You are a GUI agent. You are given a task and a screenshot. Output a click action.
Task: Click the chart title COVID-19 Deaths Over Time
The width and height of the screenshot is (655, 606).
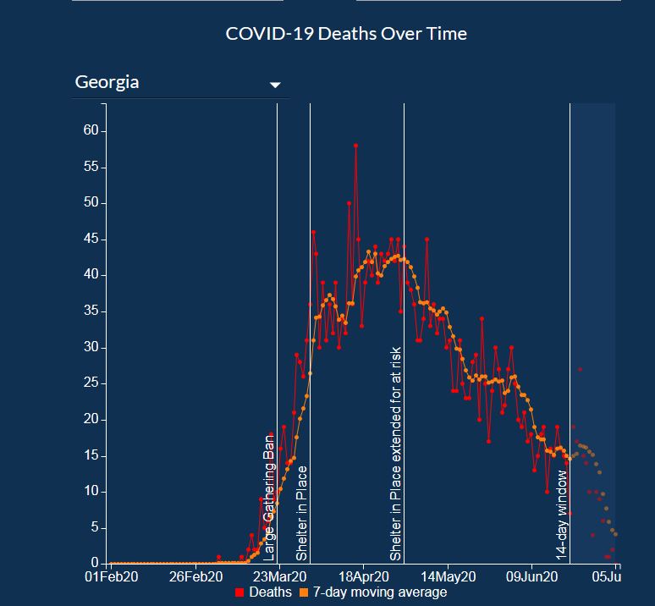tap(346, 34)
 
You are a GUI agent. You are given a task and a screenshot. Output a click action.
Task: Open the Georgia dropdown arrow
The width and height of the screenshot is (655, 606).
tap(274, 85)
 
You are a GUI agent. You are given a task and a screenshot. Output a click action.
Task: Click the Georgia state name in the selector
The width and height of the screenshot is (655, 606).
tap(107, 82)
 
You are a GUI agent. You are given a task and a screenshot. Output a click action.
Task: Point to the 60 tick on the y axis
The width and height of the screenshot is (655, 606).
tap(91, 131)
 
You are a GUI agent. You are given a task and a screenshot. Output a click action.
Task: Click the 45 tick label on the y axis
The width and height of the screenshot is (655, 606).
tap(91, 240)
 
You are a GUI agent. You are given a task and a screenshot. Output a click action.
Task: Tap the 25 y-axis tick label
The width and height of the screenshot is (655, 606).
tap(91, 383)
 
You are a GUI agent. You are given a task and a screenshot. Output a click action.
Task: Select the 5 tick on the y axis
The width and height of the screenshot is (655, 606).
tap(95, 527)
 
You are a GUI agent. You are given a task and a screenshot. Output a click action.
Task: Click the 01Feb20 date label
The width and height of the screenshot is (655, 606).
tap(112, 577)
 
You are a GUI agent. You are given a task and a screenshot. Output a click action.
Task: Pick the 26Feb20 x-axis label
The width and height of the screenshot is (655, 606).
tap(195, 577)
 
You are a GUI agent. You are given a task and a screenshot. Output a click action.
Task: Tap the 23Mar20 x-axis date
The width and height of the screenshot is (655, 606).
tap(279, 577)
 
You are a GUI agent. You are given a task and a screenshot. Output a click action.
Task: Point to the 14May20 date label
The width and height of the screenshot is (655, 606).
tap(447, 577)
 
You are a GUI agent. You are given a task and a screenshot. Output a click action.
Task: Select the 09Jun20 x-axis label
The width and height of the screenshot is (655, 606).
tap(531, 577)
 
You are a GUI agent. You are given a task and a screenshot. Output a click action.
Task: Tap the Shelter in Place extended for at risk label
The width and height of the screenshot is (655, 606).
tap(395, 453)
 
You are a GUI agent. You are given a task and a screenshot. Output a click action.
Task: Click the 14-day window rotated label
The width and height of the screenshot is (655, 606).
tap(561, 515)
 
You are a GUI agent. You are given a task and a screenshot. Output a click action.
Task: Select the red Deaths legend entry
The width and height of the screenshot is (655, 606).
tap(263, 592)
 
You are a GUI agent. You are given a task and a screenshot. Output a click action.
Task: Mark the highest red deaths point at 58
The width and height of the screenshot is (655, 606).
tap(356, 146)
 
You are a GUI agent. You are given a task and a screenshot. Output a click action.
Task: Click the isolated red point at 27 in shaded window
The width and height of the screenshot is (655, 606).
tap(580, 369)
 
